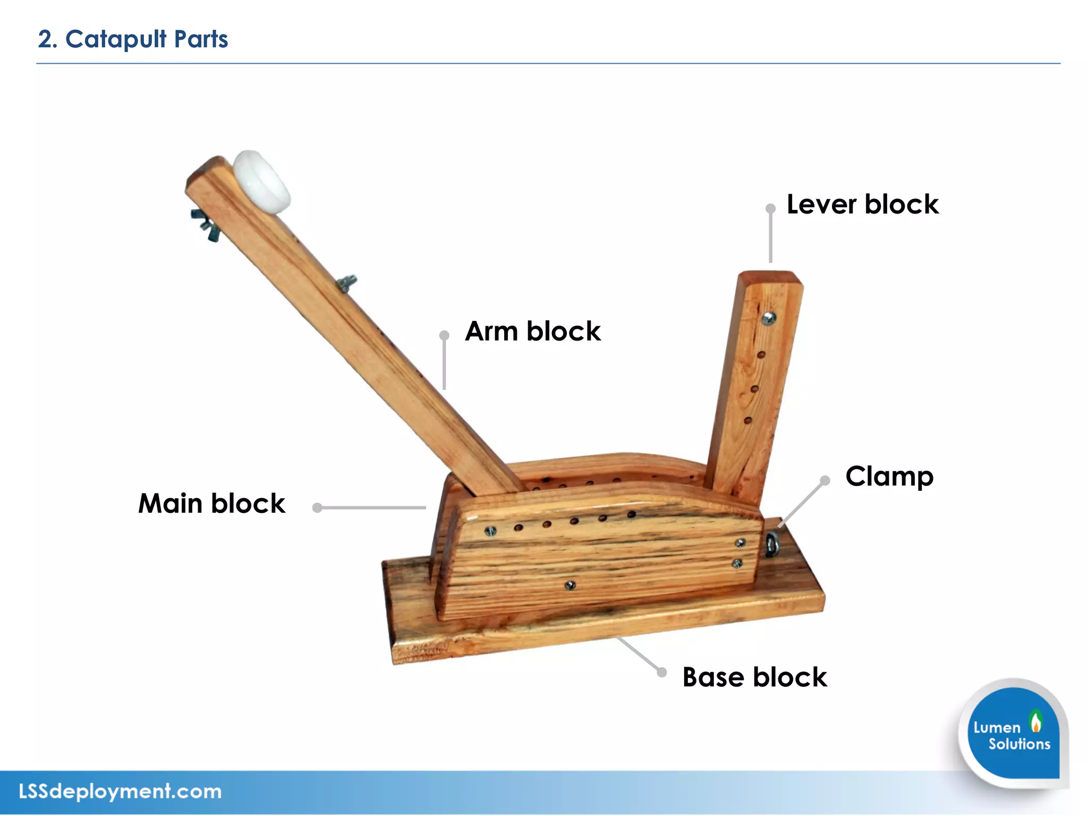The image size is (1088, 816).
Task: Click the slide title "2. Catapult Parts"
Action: click(x=133, y=39)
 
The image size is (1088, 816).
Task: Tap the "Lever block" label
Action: click(x=862, y=205)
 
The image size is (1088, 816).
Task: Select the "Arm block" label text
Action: click(x=532, y=331)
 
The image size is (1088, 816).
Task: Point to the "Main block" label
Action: click(x=211, y=504)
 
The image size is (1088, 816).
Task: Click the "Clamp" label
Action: click(x=889, y=477)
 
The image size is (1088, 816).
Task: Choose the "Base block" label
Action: click(x=754, y=677)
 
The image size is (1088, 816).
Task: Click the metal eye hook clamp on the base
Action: click(x=771, y=545)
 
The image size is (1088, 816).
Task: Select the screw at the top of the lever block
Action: click(x=769, y=318)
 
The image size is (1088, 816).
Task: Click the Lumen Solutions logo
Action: click(x=1013, y=733)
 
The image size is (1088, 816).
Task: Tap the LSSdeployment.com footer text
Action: click(x=120, y=792)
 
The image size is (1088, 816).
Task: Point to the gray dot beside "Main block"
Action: click(x=318, y=508)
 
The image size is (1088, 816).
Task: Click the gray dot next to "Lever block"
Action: click(x=770, y=209)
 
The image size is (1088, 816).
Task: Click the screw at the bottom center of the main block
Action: click(x=571, y=585)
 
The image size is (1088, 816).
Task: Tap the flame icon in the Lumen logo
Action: click(x=1035, y=722)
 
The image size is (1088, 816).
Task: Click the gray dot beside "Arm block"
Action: click(x=444, y=335)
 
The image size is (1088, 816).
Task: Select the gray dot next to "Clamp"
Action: click(x=825, y=481)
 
